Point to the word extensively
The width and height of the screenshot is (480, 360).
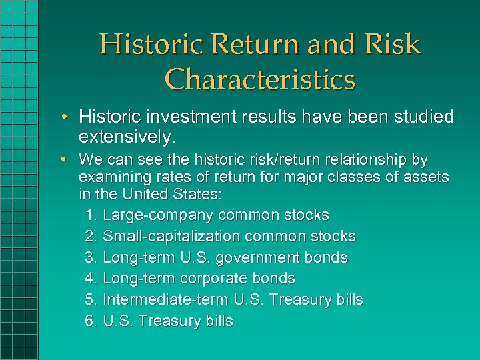point(127,138)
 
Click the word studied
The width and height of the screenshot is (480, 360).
point(423,117)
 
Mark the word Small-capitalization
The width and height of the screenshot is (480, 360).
point(171,237)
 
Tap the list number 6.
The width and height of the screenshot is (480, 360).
point(91,321)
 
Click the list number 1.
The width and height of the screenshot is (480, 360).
point(91,215)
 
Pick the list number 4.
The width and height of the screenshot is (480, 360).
point(91,279)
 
